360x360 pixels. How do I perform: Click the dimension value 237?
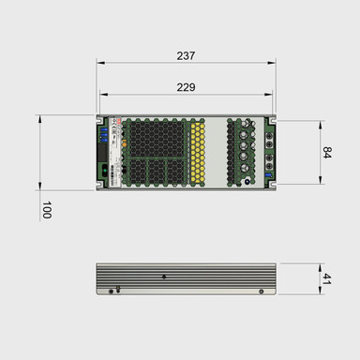pyautogui.click(x=186, y=56)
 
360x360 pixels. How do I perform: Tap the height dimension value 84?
pyautogui.click(x=327, y=152)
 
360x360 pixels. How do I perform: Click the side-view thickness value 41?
pyautogui.click(x=327, y=278)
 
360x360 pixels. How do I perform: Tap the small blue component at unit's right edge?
pyautogui.click(x=268, y=174)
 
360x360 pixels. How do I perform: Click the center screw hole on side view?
pyautogui.click(x=165, y=277)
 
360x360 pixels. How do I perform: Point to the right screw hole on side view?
pyautogui.click(x=258, y=291)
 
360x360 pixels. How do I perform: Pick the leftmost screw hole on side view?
pyautogui.click(x=110, y=291)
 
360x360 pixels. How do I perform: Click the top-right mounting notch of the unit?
pyautogui.click(x=273, y=119)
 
